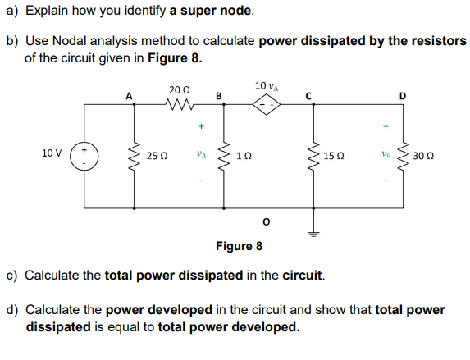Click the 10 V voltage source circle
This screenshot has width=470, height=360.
tap(84, 153)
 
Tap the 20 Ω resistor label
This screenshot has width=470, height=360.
tap(178, 89)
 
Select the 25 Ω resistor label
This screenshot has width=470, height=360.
tap(156, 155)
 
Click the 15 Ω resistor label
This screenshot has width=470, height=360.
tap(332, 155)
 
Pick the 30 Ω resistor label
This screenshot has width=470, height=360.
tap(424, 155)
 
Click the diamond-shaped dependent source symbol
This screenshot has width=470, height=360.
tap(266, 106)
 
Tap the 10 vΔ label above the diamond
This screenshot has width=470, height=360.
tap(266, 86)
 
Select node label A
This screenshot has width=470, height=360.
tap(129, 95)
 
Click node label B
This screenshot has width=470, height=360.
tap(218, 95)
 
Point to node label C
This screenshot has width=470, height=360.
tap(311, 95)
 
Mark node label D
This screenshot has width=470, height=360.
tap(401, 95)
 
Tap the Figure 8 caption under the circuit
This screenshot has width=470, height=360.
tap(239, 246)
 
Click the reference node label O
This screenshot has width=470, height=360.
tap(265, 222)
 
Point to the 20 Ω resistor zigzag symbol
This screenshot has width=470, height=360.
tap(178, 105)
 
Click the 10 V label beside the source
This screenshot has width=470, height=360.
tap(52, 153)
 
